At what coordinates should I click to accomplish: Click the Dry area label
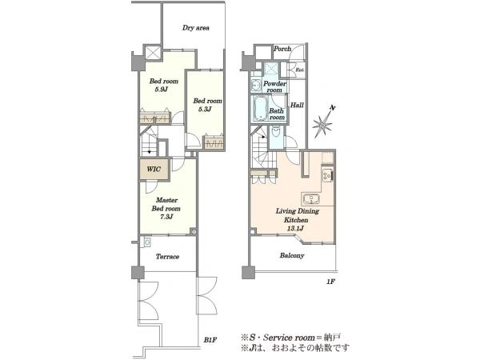click(196, 28)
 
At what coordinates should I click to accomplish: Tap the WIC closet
click(154, 170)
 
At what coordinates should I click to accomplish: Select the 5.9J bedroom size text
click(162, 90)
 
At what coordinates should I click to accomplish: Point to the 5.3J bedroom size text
click(204, 110)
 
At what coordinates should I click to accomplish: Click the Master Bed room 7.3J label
click(166, 209)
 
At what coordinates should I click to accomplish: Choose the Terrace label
click(167, 257)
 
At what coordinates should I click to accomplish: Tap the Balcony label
click(292, 255)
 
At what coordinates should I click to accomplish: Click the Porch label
click(282, 49)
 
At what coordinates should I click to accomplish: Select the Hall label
click(297, 105)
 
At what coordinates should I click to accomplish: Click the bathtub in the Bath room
click(259, 109)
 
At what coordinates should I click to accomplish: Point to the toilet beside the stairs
click(276, 132)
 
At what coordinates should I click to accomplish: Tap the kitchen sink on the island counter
click(312, 199)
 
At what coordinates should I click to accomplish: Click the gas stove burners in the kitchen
click(327, 175)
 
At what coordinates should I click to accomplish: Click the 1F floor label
click(330, 282)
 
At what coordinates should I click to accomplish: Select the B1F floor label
click(210, 340)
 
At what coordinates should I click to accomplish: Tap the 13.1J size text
click(295, 228)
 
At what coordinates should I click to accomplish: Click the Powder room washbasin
click(256, 85)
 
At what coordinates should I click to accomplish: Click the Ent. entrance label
click(300, 70)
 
